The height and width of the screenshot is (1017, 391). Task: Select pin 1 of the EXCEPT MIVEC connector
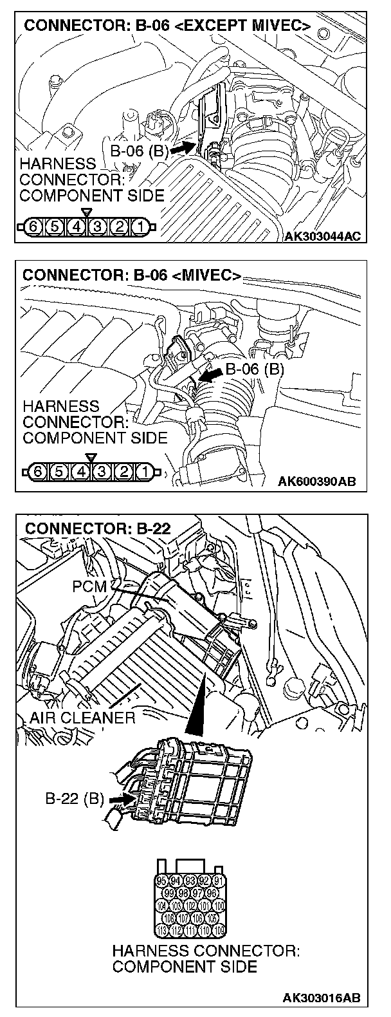tap(139, 226)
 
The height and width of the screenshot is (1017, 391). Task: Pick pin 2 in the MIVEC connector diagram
tap(122, 471)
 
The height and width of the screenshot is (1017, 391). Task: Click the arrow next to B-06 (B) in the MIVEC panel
tap(210, 375)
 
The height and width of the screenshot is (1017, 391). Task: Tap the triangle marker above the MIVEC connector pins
tap(91, 457)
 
